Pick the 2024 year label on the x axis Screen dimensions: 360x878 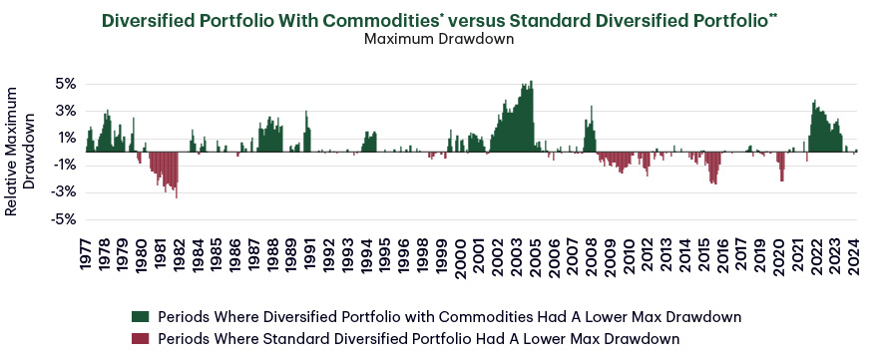point(855,253)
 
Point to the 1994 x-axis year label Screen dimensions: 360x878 point(368,253)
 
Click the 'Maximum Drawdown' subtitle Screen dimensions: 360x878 point(439,41)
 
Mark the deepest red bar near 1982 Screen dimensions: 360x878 point(177,195)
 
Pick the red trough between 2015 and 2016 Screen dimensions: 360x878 point(713,181)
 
